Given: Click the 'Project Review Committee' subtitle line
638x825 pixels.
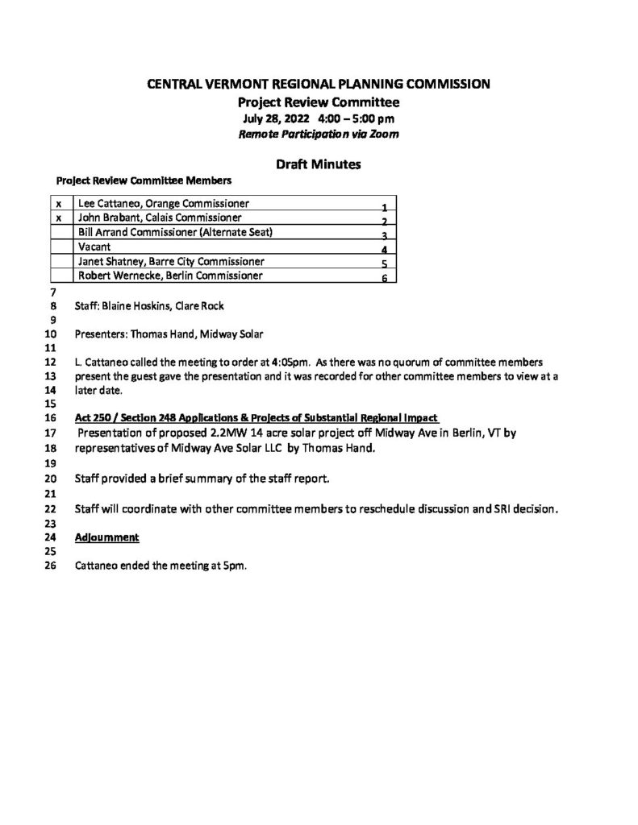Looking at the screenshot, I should (318, 102).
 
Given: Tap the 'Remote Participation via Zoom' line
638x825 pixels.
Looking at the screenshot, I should (318, 135).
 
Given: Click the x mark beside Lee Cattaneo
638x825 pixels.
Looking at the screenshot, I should (58, 203).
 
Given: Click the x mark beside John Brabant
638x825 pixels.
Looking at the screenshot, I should (58, 218).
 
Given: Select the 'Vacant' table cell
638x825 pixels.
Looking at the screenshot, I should (94, 247).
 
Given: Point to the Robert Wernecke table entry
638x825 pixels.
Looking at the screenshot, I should (169, 276).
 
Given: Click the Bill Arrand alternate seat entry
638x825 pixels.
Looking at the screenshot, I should (175, 232).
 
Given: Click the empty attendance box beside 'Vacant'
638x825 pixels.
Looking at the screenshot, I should (61, 247).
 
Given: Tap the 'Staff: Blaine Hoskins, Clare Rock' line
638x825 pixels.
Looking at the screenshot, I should (149, 306).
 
